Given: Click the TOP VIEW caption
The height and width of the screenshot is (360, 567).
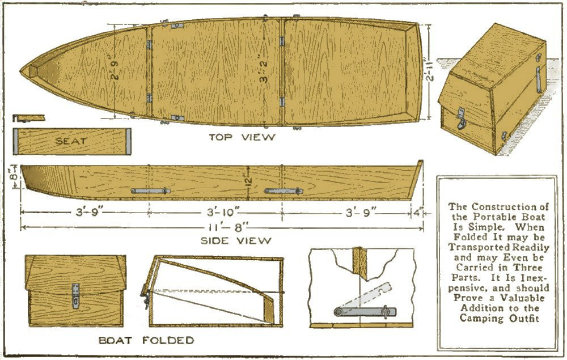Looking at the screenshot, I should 242,137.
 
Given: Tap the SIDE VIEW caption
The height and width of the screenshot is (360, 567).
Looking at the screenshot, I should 236,240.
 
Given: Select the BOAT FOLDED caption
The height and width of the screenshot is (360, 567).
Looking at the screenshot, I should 146,341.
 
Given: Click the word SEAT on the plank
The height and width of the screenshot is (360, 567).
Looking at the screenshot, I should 71,141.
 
